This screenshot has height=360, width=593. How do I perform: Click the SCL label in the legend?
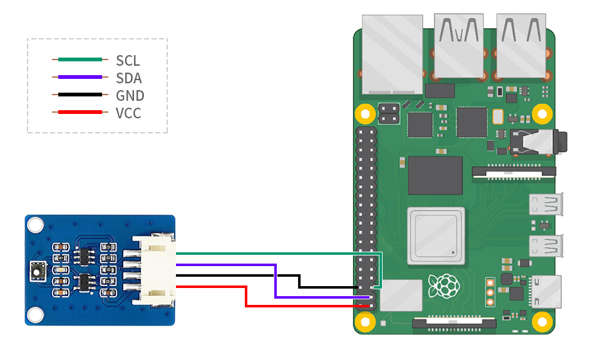128,61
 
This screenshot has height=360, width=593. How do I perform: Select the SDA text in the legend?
129,78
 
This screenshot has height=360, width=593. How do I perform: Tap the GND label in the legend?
130,96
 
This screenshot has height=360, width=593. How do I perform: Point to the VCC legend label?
128,113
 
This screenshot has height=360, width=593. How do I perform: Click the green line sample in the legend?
80,59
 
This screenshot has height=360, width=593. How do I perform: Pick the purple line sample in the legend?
80,77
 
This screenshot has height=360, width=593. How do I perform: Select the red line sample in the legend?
80,112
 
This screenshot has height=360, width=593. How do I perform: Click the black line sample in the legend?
80,95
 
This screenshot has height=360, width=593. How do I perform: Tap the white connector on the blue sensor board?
154,270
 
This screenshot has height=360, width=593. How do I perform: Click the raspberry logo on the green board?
444,286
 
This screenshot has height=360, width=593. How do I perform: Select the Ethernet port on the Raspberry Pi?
392,54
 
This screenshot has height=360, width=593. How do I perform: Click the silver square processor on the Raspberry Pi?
436,236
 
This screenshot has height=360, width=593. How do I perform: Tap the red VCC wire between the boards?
247,297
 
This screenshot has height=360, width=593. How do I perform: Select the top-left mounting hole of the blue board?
35,225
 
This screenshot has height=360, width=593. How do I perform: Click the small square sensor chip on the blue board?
38,271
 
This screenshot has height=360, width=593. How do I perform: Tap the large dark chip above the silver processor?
435,175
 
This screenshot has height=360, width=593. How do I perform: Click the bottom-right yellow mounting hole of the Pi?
542,322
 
